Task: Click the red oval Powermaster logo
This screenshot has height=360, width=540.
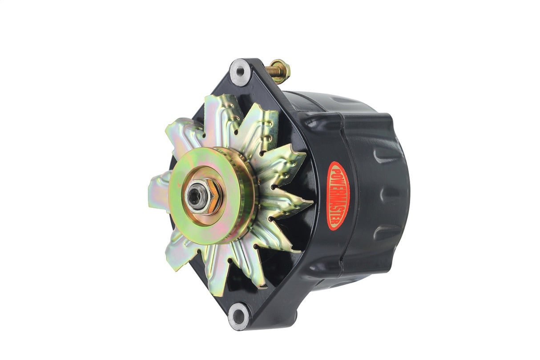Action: click(x=338, y=196)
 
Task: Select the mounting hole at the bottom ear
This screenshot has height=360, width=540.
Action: click(x=238, y=316)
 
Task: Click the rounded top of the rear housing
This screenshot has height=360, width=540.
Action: click(x=329, y=100)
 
